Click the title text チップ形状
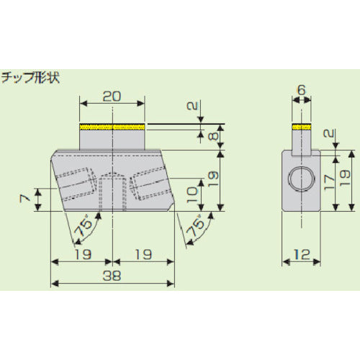(x=30, y=78)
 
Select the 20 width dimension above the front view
(x=112, y=96)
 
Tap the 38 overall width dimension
(x=112, y=276)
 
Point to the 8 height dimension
(x=215, y=135)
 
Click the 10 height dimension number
(x=192, y=195)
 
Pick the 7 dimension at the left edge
(x=25, y=198)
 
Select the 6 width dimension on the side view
(x=301, y=90)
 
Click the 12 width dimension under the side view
(x=302, y=254)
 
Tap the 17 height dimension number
(x=329, y=183)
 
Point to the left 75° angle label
(x=83, y=228)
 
